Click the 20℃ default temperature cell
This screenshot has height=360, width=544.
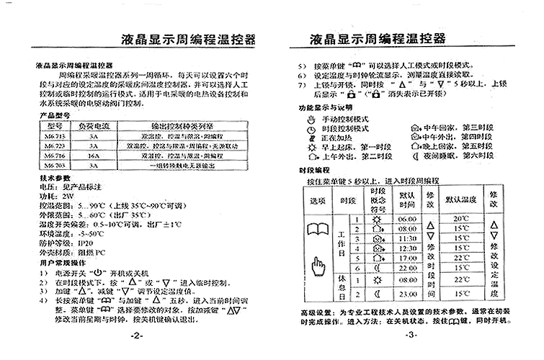pyautogui.click(x=461, y=217)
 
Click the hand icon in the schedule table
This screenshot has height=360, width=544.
pyautogui.click(x=318, y=269)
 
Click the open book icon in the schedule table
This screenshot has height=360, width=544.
pyautogui.click(x=318, y=232)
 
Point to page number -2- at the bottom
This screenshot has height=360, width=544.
pyautogui.click(x=136, y=336)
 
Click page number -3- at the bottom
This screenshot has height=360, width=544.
pyautogui.click(x=410, y=335)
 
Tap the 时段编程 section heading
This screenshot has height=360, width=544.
pyautogui.click(x=311, y=170)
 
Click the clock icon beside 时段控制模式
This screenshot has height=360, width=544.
pyautogui.click(x=311, y=127)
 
